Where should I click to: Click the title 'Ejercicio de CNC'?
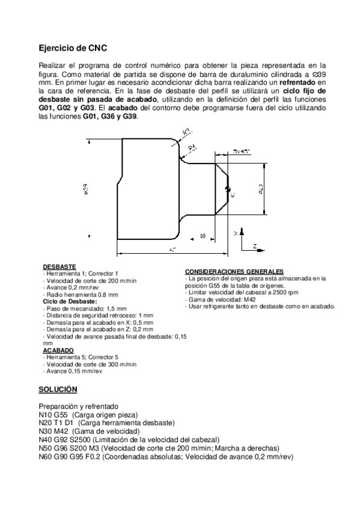[x=73, y=46]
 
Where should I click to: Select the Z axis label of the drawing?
[x=255, y=246]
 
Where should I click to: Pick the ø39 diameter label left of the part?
[x=87, y=191]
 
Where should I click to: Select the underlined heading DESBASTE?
[x=59, y=266]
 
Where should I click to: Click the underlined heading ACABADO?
[x=58, y=349]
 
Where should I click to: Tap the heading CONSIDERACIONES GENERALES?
[x=234, y=272]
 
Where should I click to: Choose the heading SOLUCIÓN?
[x=58, y=389]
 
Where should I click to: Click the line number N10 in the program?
[x=46, y=415]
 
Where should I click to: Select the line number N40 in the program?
[x=46, y=440]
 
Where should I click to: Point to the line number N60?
[x=46, y=456]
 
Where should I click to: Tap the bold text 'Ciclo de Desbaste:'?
[x=70, y=301]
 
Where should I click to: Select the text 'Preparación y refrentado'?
[x=78, y=407]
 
